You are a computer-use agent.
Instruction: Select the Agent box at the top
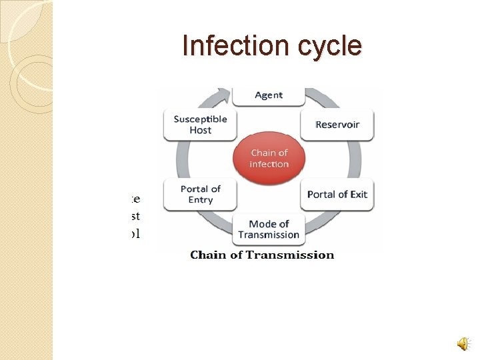(269, 96)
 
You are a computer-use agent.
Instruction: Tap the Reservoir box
(337, 125)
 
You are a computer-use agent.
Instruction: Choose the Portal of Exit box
(337, 195)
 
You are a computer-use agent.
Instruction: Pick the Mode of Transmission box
(269, 229)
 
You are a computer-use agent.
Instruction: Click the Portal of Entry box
(200, 195)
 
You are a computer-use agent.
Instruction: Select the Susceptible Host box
(200, 125)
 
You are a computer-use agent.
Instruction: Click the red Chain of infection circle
(269, 159)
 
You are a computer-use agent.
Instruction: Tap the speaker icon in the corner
(463, 343)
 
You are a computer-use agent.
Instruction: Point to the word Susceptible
(200, 119)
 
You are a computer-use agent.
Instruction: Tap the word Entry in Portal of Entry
(200, 200)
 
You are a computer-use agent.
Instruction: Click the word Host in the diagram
(200, 131)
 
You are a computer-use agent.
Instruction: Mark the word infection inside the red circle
(269, 165)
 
